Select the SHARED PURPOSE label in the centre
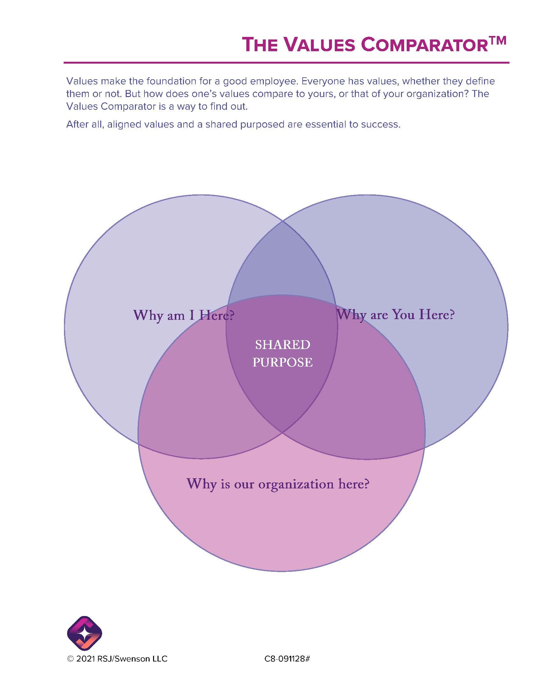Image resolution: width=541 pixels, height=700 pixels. [282, 353]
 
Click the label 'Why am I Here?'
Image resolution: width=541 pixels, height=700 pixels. [184, 315]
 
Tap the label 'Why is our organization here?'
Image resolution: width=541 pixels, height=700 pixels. [278, 484]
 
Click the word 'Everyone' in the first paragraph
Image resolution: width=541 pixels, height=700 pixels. [321, 81]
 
